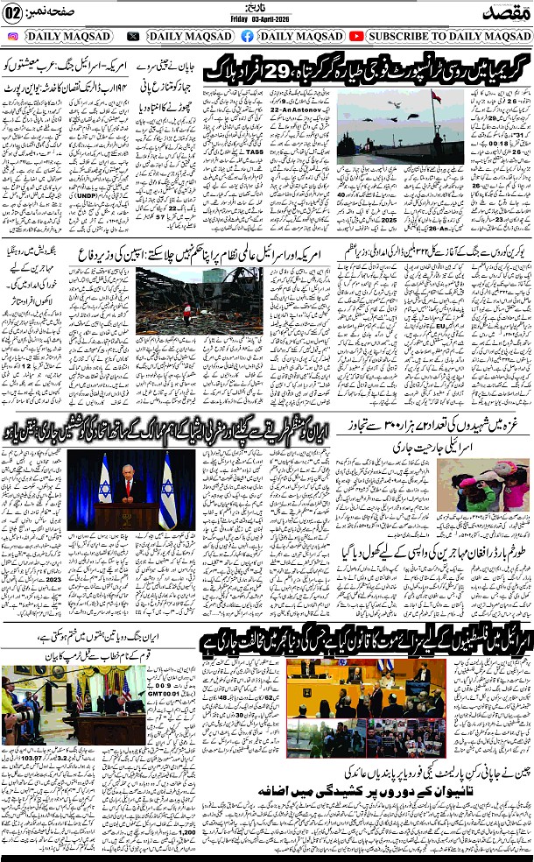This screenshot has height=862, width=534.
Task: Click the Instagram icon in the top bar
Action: point(13,36)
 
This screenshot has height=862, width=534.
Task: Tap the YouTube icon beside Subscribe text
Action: point(356,36)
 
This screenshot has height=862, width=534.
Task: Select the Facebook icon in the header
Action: point(247,36)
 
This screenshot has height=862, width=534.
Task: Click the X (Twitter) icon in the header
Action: point(133,36)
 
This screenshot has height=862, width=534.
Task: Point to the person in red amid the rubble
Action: point(183,309)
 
